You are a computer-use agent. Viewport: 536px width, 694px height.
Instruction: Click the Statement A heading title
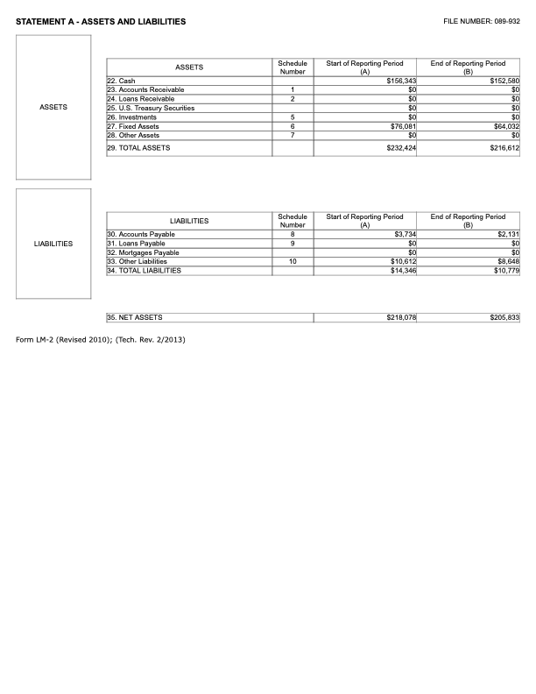click(x=101, y=21)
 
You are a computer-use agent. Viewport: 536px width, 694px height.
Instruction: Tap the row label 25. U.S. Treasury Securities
click(x=151, y=108)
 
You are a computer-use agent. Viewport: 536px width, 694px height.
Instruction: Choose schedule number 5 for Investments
click(x=292, y=117)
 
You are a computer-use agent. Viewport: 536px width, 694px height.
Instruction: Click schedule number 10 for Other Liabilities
click(x=292, y=261)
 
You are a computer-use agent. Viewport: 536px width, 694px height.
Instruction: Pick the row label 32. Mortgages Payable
click(x=143, y=252)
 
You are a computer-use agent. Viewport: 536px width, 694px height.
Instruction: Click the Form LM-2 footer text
click(x=101, y=339)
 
